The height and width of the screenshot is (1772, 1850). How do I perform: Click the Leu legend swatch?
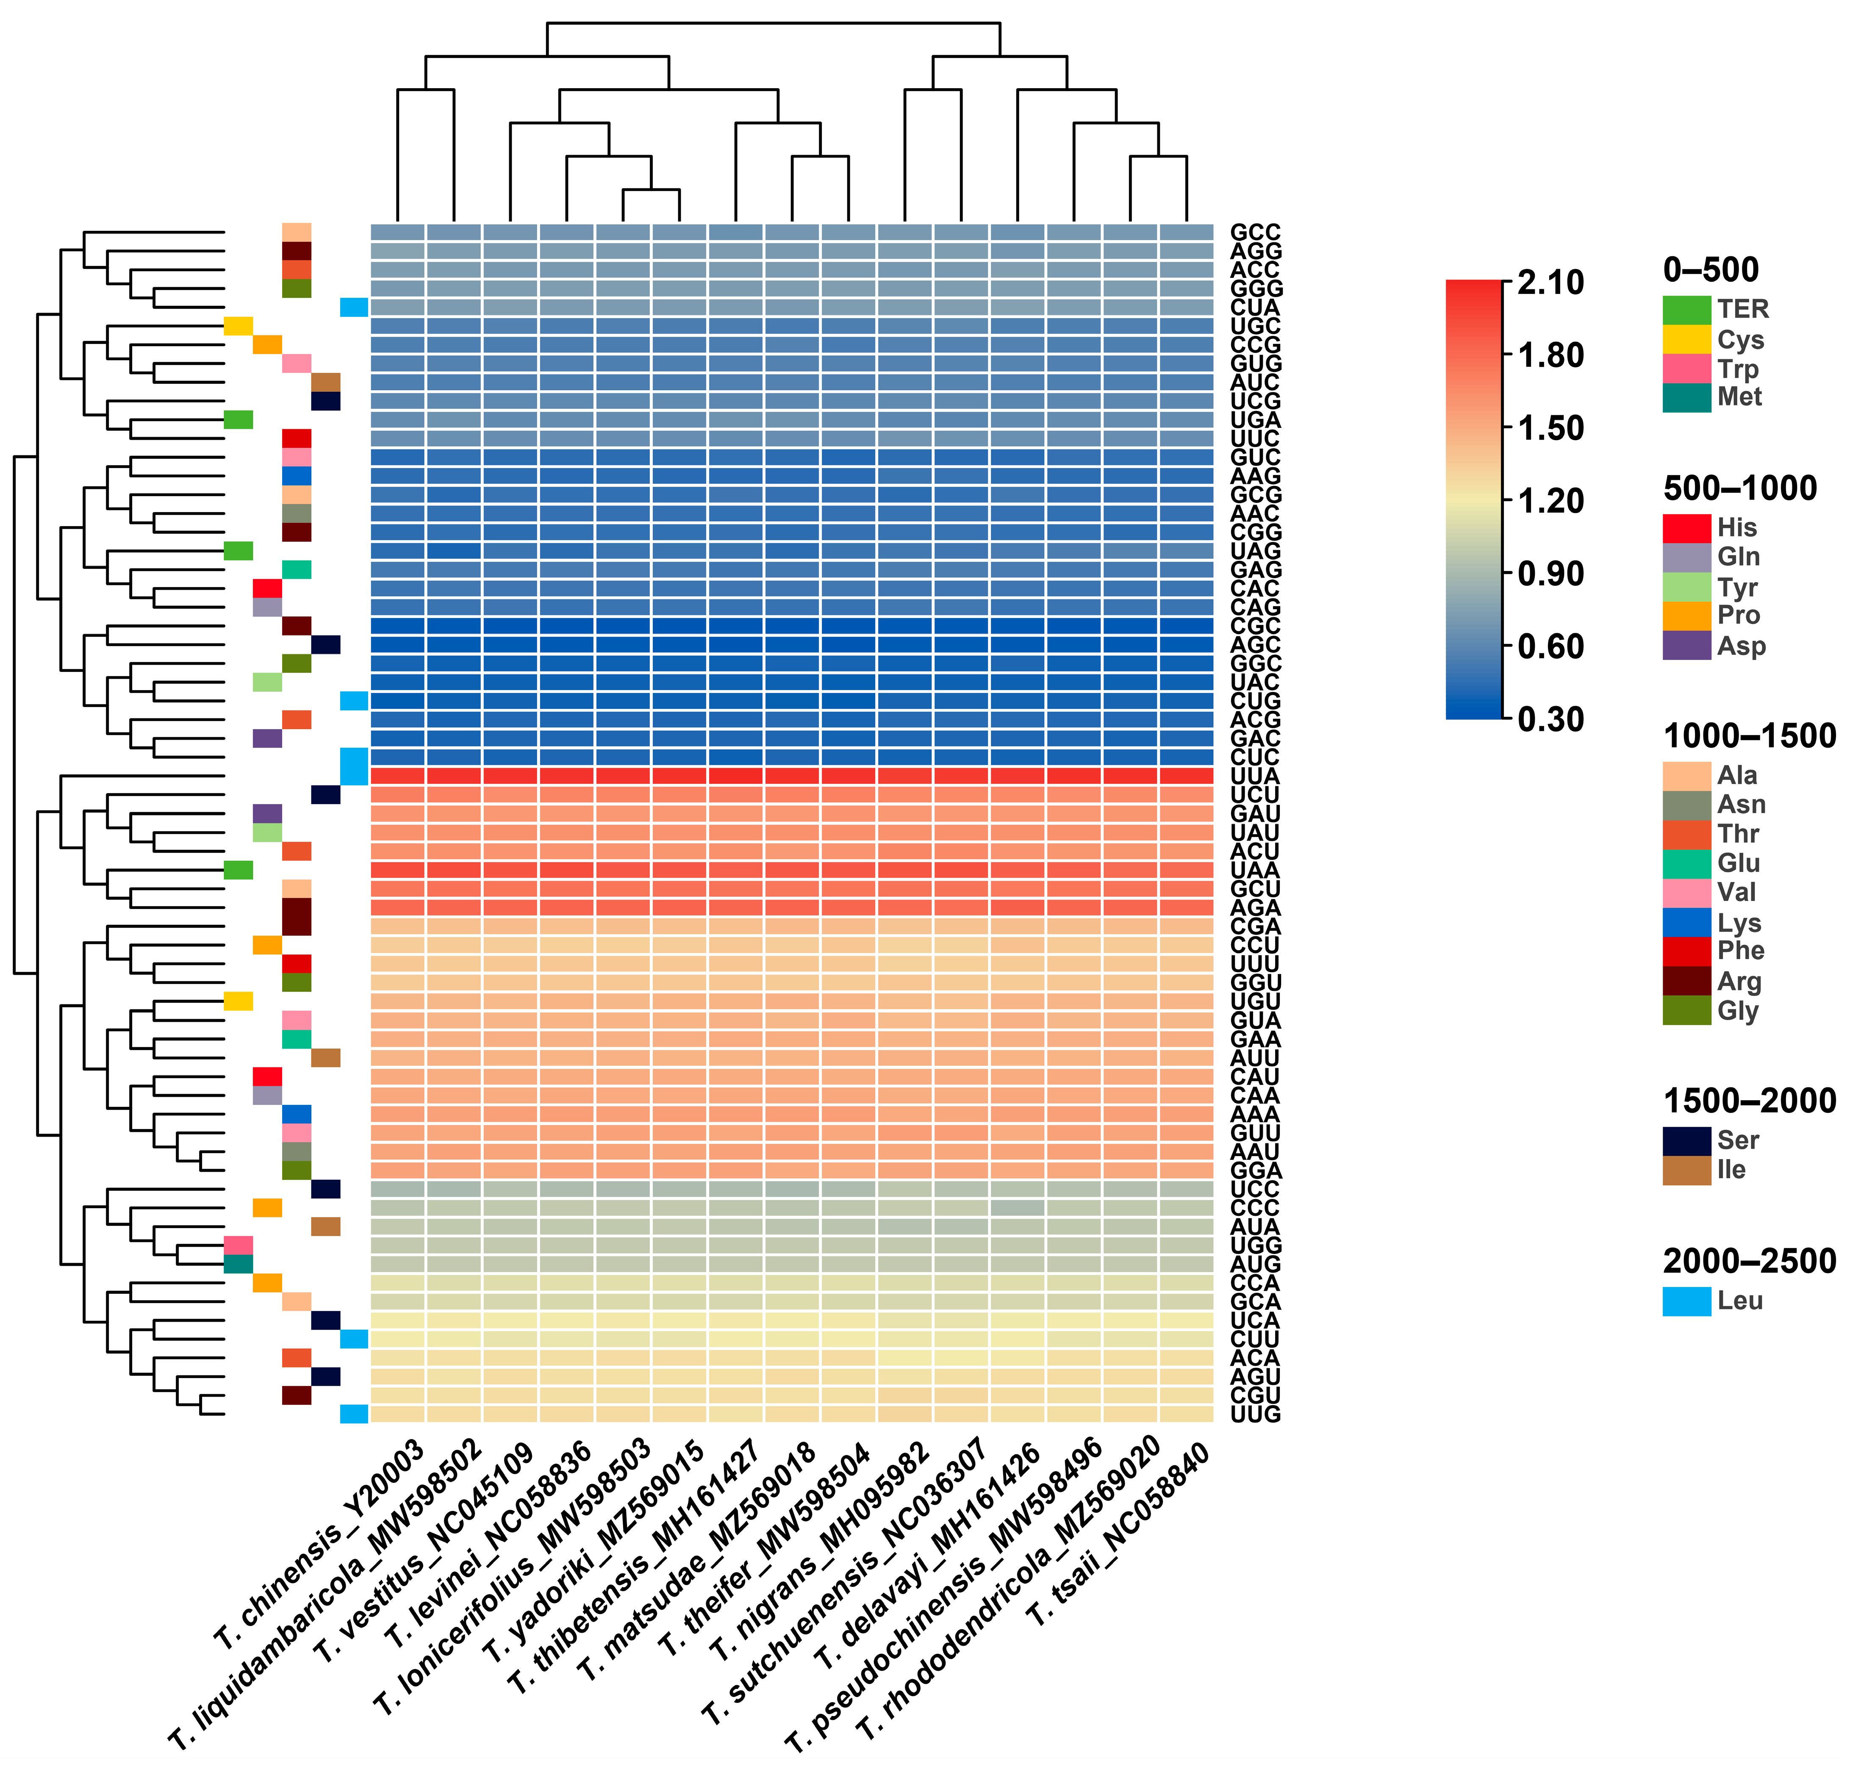click(1686, 1301)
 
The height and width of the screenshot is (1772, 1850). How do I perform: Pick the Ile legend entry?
click(1731, 1170)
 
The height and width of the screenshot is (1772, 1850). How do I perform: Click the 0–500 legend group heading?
click(1710, 270)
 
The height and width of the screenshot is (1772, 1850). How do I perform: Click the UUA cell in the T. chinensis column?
click(397, 776)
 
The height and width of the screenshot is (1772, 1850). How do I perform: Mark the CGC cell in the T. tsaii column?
click(1185, 626)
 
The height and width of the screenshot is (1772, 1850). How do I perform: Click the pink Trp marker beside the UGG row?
click(238, 1245)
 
